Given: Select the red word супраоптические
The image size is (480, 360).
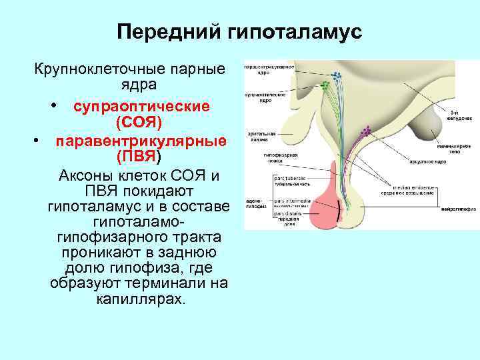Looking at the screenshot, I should pos(141,107).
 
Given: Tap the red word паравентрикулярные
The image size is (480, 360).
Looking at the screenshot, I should pos(141,141).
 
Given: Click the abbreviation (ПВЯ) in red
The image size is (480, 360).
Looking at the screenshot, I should pos(138,157).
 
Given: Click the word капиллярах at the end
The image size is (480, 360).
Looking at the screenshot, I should pos(139,299).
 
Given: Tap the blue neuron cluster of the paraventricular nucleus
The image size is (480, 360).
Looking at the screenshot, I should pos(335,75).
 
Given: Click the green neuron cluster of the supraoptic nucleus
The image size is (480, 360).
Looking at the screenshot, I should pos(325,85).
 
